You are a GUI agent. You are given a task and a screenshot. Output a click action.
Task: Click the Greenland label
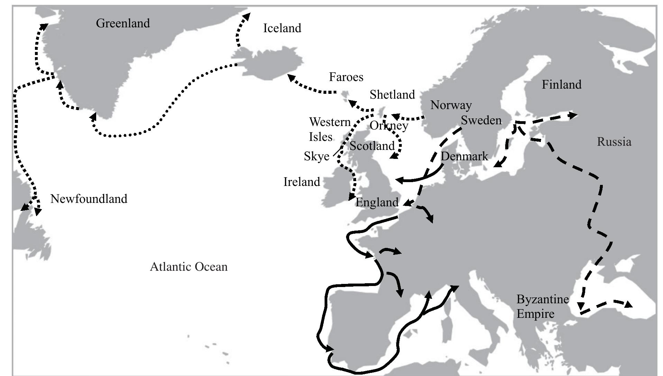click(123, 23)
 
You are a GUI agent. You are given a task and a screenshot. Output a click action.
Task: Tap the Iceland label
click(282, 28)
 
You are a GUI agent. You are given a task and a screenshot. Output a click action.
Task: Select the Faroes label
click(346, 77)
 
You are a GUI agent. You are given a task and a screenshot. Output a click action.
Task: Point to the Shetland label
click(392, 95)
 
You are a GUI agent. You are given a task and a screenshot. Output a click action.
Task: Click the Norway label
click(451, 105)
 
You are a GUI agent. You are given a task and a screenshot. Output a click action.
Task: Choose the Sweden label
click(481, 120)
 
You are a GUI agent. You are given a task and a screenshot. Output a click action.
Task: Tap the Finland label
click(561, 84)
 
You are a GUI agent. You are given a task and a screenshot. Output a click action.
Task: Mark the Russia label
click(614, 142)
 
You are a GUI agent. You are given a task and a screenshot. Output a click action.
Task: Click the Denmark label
click(464, 156)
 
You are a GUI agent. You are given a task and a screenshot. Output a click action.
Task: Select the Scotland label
click(372, 146)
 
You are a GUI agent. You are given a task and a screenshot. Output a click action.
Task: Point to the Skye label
click(316, 156)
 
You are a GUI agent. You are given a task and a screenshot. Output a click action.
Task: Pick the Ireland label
click(301, 182)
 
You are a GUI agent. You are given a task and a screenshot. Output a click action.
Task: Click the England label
click(377, 202)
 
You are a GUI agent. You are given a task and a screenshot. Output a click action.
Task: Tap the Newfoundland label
click(89, 199)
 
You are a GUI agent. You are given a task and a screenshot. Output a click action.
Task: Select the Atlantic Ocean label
click(189, 267)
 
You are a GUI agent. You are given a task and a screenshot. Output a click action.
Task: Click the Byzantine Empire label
click(542, 306)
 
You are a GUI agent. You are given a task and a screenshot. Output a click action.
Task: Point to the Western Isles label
click(329, 129)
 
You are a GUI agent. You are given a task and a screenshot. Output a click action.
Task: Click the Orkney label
click(389, 125)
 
